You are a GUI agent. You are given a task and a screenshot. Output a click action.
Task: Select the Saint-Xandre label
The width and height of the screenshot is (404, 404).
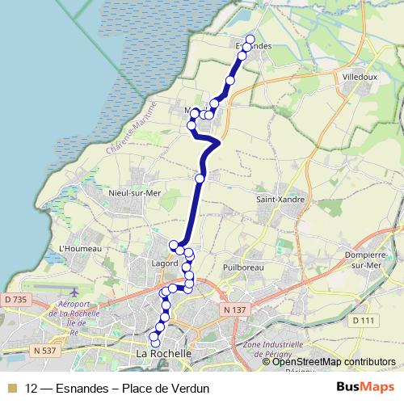coord(276,198)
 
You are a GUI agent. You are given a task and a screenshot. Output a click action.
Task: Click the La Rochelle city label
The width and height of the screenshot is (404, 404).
coord(164,354)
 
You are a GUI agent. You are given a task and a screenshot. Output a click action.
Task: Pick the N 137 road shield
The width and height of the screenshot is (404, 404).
coord(235,309)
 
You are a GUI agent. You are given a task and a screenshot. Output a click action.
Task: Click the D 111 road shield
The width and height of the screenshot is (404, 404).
coord(364,321)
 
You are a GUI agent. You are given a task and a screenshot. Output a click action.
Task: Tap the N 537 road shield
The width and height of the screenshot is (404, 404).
coord(48,350)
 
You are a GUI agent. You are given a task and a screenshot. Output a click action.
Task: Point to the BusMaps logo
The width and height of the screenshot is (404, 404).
coord(366,387)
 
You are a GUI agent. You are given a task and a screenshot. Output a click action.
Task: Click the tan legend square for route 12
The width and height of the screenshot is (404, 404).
coord(12,388)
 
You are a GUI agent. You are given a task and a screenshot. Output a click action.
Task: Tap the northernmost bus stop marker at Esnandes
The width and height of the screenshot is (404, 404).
coord(250,40)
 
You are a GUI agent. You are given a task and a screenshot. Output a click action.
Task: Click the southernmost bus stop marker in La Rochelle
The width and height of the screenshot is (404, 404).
coord(155,344)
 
